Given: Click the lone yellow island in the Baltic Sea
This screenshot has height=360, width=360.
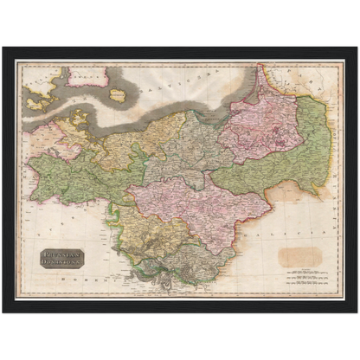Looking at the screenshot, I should [x=119, y=96].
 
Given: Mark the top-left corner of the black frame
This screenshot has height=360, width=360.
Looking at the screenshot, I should [x=4, y=48].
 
